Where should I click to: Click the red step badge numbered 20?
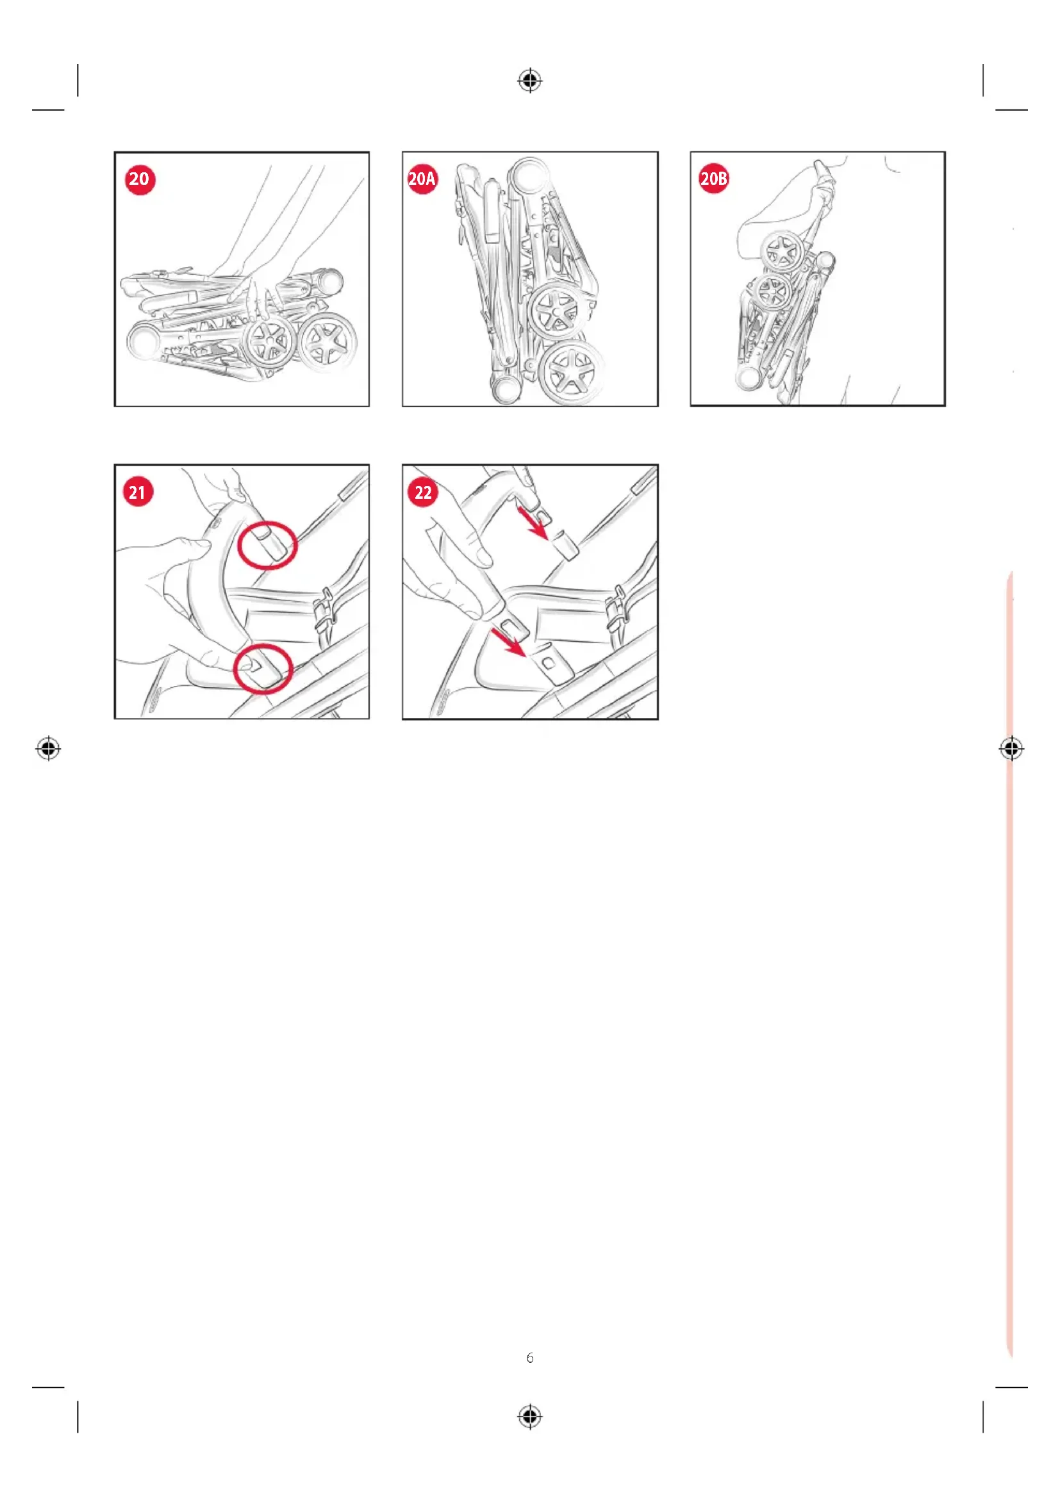click(x=139, y=179)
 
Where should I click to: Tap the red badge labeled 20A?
click(x=422, y=179)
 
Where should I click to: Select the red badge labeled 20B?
click(x=713, y=179)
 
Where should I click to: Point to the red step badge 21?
click(x=138, y=492)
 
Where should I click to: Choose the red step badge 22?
click(x=423, y=492)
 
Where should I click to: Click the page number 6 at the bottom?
click(x=530, y=1358)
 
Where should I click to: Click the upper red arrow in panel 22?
click(x=533, y=522)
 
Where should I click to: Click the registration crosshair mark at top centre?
click(x=530, y=81)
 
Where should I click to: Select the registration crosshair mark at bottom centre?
click(x=530, y=1417)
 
